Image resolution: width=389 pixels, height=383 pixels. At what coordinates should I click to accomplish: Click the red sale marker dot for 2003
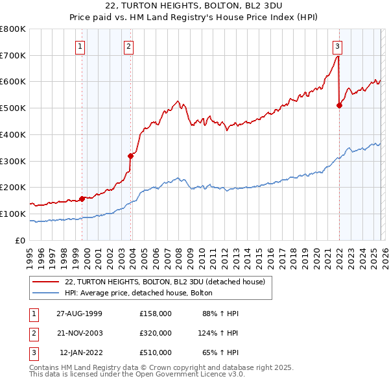coord(131,155)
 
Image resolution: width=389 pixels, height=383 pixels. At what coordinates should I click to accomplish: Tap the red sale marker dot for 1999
coord(82,199)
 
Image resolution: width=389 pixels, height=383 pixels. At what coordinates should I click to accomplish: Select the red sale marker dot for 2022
coord(339,105)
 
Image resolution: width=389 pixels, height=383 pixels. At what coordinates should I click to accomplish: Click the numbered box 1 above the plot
coord(80,46)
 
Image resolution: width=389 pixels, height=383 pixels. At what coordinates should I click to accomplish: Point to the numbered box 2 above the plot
coord(129,46)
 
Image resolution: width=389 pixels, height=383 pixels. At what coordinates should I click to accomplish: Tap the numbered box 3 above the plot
coord(338,46)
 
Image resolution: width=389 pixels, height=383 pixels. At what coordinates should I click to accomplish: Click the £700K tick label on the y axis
coord(12,56)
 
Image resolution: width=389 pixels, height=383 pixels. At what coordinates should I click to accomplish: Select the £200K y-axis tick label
coord(12,188)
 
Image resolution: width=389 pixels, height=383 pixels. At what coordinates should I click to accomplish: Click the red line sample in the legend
coord(47,282)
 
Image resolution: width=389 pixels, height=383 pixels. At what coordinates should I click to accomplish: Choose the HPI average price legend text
coord(143,293)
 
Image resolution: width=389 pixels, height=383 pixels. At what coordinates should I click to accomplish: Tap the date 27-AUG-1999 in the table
coord(79,313)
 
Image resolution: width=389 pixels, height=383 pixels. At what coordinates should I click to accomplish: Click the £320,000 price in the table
coord(156,333)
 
